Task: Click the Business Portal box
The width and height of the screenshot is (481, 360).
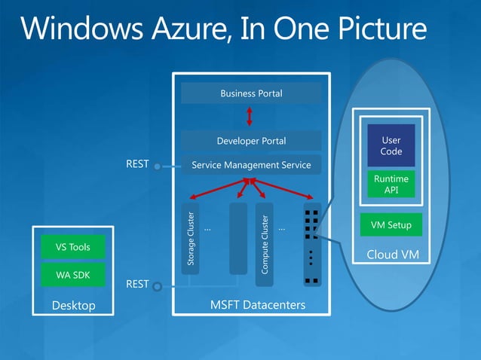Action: [251, 93]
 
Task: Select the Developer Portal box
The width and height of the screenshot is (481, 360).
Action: [251, 141]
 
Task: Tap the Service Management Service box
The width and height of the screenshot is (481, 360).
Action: [251, 165]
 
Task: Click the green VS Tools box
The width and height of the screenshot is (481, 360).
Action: [73, 247]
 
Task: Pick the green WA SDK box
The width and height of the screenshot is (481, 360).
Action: [73, 275]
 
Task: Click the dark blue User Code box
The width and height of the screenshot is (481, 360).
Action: [391, 145]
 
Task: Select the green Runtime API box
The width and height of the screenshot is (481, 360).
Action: [391, 185]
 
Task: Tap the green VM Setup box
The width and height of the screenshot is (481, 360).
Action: [391, 225]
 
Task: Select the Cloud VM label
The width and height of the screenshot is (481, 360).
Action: [392, 255]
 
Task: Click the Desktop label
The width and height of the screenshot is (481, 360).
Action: [73, 305]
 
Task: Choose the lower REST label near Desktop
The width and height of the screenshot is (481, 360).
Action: [136, 284]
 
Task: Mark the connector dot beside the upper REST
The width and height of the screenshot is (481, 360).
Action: [157, 166]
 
